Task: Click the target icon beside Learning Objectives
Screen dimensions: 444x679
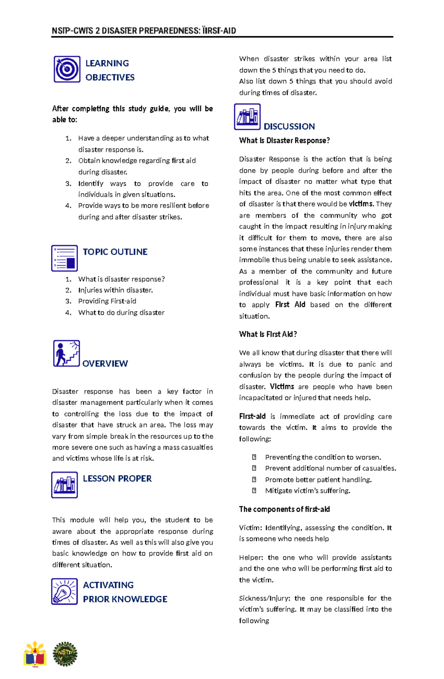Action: pos(67,69)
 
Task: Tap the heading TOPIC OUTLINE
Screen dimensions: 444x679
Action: pos(115,252)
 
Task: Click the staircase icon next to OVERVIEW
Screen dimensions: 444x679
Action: pos(66,353)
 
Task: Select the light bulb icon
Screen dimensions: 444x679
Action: pos(64,591)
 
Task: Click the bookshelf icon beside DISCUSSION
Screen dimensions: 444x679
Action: pos(247,117)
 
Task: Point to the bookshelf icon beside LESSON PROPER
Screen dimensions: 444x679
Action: pos(64,485)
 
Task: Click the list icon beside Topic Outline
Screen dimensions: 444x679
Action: pos(64,258)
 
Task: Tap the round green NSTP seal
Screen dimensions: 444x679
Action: pos(65,654)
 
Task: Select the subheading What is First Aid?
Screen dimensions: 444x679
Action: pos(268,335)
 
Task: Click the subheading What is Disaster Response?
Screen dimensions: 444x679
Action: pos(284,141)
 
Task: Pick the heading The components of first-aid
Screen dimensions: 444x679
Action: pos(284,510)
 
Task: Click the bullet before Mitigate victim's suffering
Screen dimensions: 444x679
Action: pos(254,491)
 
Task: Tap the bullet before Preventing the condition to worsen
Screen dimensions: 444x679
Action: pos(254,457)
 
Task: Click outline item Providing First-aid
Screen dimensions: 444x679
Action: pos(107,301)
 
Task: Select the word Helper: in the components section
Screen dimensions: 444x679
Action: pos(251,558)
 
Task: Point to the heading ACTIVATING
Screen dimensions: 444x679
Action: pos(108,585)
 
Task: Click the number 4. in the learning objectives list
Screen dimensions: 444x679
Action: pos(68,206)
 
